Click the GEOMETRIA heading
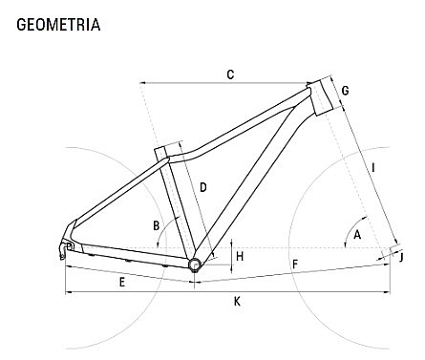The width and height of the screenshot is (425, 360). [58, 25]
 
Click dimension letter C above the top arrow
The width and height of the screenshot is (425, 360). [230, 74]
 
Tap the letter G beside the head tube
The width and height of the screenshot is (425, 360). [345, 91]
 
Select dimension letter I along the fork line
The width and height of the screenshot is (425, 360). [373, 168]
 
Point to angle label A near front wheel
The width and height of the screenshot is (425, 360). [357, 235]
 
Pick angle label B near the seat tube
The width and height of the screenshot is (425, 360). [156, 225]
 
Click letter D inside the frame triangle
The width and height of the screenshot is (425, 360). [203, 187]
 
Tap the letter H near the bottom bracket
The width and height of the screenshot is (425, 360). [240, 256]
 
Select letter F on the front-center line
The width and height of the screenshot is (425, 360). [295, 264]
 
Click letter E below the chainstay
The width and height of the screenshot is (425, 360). [122, 282]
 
